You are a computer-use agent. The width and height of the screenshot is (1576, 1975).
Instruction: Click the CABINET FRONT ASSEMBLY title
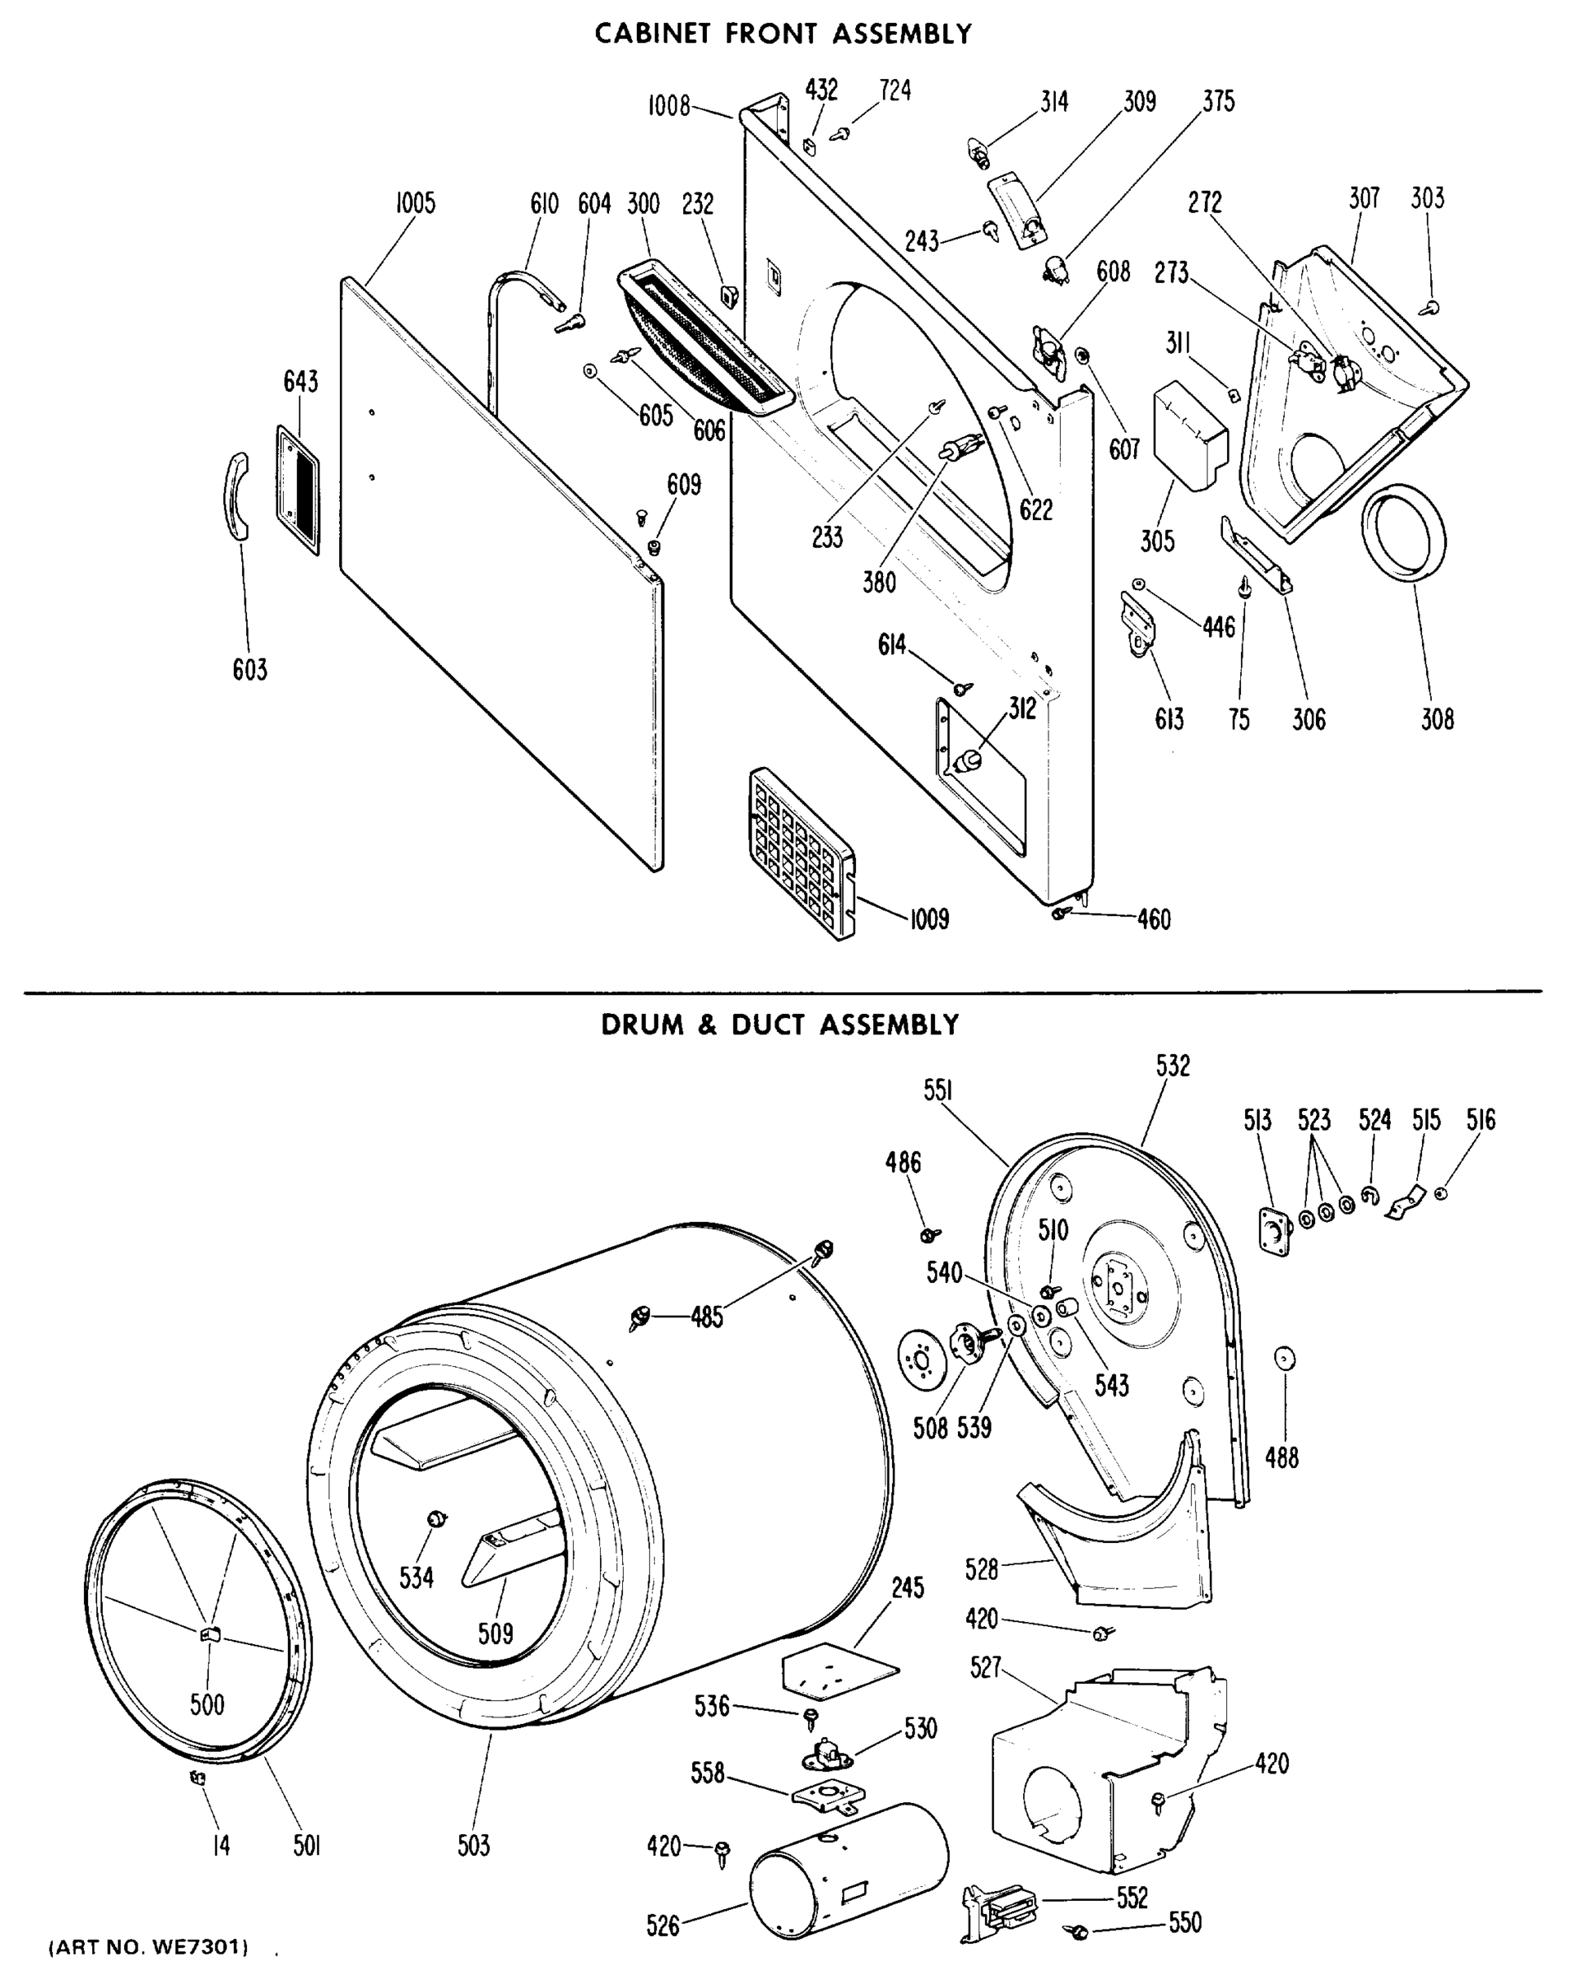click(x=783, y=34)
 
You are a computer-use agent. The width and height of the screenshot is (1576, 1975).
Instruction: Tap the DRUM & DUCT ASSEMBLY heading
click(x=779, y=1025)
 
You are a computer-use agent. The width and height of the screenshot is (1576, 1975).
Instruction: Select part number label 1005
click(x=415, y=203)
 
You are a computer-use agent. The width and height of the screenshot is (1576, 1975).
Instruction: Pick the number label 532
click(x=1172, y=1066)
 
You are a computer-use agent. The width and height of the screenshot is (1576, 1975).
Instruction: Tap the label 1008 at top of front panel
click(x=669, y=106)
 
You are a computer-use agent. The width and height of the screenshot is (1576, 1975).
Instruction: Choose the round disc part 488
click(x=1285, y=1359)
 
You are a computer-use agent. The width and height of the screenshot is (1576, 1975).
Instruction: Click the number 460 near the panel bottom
click(x=1154, y=919)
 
